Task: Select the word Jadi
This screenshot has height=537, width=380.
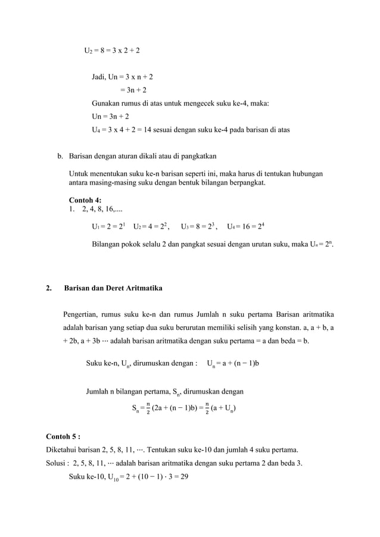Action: [99, 77]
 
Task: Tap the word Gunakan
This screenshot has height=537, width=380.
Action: [106, 103]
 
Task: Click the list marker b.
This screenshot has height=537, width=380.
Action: [60, 157]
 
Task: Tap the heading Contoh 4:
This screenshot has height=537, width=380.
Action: [85, 200]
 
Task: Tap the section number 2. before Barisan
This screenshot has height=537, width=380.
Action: [49, 288]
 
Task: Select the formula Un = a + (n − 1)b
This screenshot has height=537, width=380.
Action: [232, 363]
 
